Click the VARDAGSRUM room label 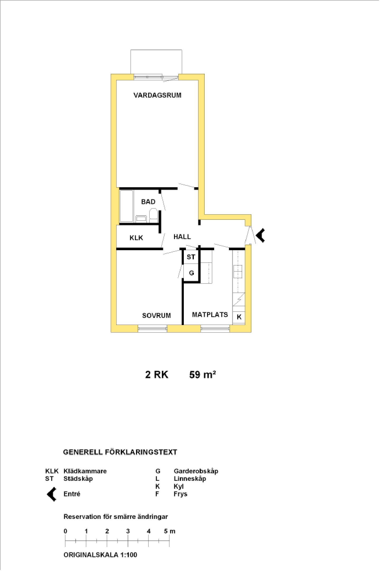[x=157, y=95]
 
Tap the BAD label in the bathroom [x=148, y=202]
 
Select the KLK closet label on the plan [x=136, y=238]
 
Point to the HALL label [x=182, y=237]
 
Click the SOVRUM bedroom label [x=156, y=316]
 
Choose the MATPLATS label [x=210, y=315]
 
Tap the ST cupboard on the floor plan [x=191, y=257]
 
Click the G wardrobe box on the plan [x=191, y=273]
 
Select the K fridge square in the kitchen [x=239, y=317]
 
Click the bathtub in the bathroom [x=126, y=206]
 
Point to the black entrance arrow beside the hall [x=260, y=235]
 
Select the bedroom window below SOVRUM [x=152, y=329]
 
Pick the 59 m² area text [x=203, y=374]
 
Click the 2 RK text [x=157, y=374]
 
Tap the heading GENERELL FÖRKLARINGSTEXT [x=120, y=452]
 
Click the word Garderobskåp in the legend [x=196, y=471]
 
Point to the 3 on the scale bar [x=128, y=531]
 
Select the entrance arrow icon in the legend [x=51, y=494]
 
